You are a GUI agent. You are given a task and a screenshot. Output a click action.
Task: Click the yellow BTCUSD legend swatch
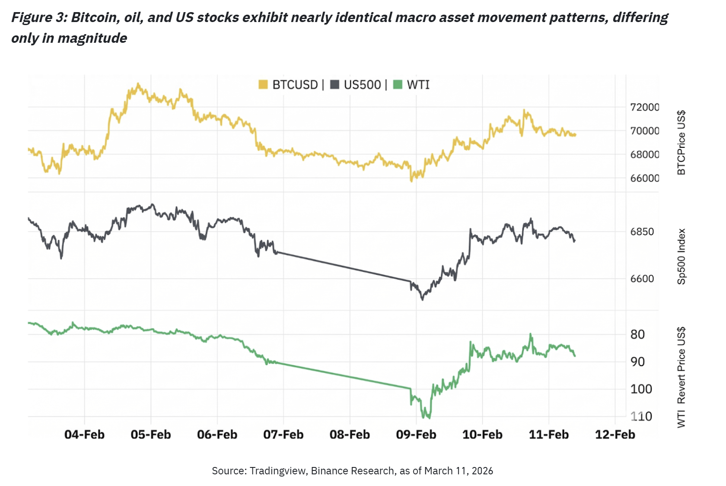(263, 84)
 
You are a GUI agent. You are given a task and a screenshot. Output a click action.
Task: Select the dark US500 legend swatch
(334, 84)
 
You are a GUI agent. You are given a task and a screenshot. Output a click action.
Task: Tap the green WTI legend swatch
(398, 84)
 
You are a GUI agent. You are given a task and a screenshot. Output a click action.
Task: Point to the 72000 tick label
(644, 107)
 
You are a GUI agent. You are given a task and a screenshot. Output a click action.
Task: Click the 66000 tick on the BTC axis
(644, 178)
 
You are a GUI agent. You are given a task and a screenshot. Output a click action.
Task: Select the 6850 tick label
(642, 232)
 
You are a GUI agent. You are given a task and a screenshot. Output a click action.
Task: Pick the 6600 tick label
(642, 279)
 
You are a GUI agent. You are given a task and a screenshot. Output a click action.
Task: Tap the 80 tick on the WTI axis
(637, 334)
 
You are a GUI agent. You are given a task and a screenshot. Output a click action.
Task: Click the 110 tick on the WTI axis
(641, 416)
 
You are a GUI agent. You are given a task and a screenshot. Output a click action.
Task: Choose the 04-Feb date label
(85, 435)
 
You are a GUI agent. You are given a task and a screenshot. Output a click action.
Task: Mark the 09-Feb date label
(416, 435)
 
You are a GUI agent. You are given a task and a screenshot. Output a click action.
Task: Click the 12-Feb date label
(615, 435)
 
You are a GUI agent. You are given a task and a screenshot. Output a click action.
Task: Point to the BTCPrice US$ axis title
(681, 143)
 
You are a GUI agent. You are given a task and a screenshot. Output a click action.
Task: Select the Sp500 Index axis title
(681, 257)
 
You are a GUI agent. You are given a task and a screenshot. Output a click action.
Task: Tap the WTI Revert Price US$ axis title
(681, 377)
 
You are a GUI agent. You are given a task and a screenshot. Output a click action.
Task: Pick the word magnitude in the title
(92, 38)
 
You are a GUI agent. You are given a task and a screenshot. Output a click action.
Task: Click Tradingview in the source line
(277, 471)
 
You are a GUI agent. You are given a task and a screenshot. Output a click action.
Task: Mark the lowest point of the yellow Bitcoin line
(411, 181)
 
